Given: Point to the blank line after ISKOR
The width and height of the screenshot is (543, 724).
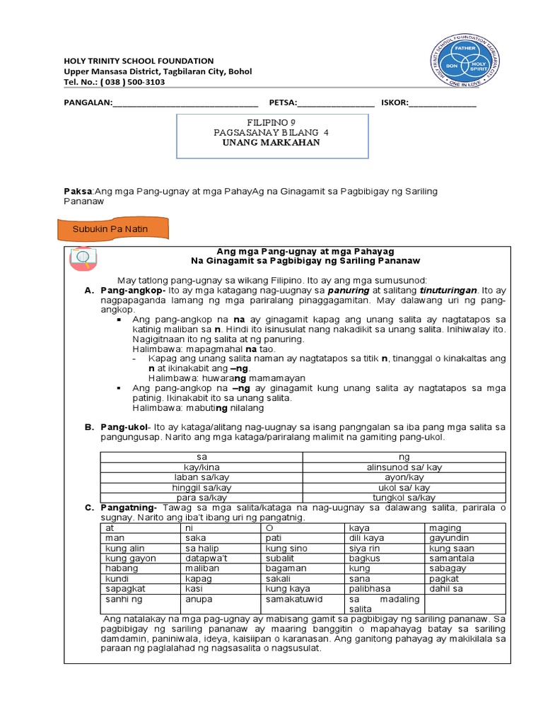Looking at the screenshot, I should click(x=443, y=103).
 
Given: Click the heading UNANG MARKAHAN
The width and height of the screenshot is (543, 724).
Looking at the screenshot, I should click(x=271, y=142).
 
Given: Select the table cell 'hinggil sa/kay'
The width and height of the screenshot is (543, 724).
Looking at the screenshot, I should click(x=202, y=488).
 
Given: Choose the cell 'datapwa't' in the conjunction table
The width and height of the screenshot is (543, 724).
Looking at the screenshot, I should click(x=205, y=558).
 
